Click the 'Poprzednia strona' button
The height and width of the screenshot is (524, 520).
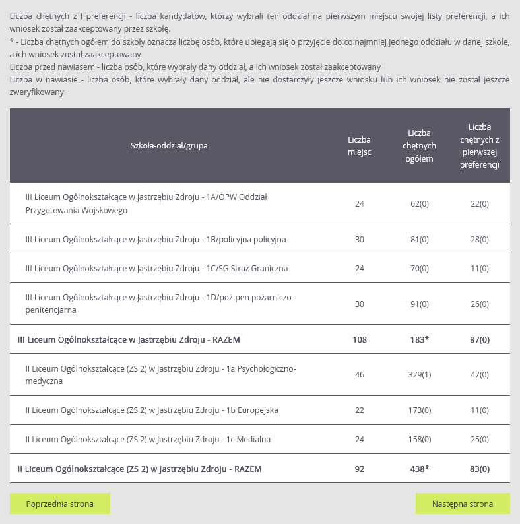60,504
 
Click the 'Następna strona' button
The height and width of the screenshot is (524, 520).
463,504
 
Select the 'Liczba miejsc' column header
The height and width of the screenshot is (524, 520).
360,146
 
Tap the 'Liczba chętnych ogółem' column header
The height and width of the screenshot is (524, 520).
420,146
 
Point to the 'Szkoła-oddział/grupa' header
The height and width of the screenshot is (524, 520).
170,146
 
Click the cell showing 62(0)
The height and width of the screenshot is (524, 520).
420,203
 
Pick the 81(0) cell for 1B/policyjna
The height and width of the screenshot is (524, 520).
420,239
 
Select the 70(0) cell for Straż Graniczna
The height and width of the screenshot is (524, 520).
420,269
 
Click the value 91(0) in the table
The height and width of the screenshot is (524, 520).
420,304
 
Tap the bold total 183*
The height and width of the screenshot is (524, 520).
420,339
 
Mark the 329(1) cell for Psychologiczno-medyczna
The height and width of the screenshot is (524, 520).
420,375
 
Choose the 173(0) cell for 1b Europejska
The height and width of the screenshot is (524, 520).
420,410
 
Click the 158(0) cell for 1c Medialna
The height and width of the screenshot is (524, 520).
420,439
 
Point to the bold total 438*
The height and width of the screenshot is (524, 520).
420,469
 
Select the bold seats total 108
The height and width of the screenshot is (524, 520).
360,339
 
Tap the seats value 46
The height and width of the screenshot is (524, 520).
360,375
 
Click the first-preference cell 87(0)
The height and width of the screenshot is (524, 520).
480,339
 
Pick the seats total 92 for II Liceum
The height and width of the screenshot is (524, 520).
360,469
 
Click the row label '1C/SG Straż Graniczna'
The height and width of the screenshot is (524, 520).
156,269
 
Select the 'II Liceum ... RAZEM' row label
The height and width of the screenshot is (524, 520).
139,469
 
